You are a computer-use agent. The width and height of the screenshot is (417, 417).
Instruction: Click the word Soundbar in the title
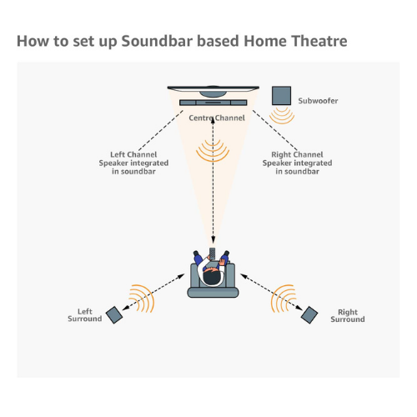click(157, 41)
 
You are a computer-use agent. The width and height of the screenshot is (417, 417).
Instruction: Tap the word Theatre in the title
click(319, 41)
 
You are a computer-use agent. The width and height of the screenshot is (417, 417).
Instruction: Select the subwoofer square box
click(281, 96)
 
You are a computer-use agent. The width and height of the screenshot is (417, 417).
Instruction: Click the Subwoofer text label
click(318, 101)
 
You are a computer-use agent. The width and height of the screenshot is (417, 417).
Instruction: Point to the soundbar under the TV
click(214, 103)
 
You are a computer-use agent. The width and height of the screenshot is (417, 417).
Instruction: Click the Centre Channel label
click(217, 118)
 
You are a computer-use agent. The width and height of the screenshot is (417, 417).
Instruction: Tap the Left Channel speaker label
click(133, 163)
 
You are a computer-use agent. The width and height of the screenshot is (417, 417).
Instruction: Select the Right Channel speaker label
click(297, 163)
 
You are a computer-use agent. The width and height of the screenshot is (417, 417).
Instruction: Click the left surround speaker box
click(114, 315)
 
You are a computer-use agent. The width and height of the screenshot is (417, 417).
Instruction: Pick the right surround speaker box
click(309, 315)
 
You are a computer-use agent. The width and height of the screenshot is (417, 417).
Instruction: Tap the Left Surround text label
click(85, 315)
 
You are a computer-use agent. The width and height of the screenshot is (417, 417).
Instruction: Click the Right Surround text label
click(348, 315)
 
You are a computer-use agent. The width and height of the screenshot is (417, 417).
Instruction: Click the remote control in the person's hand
click(213, 254)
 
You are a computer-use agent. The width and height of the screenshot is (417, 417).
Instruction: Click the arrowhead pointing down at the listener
click(213, 239)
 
